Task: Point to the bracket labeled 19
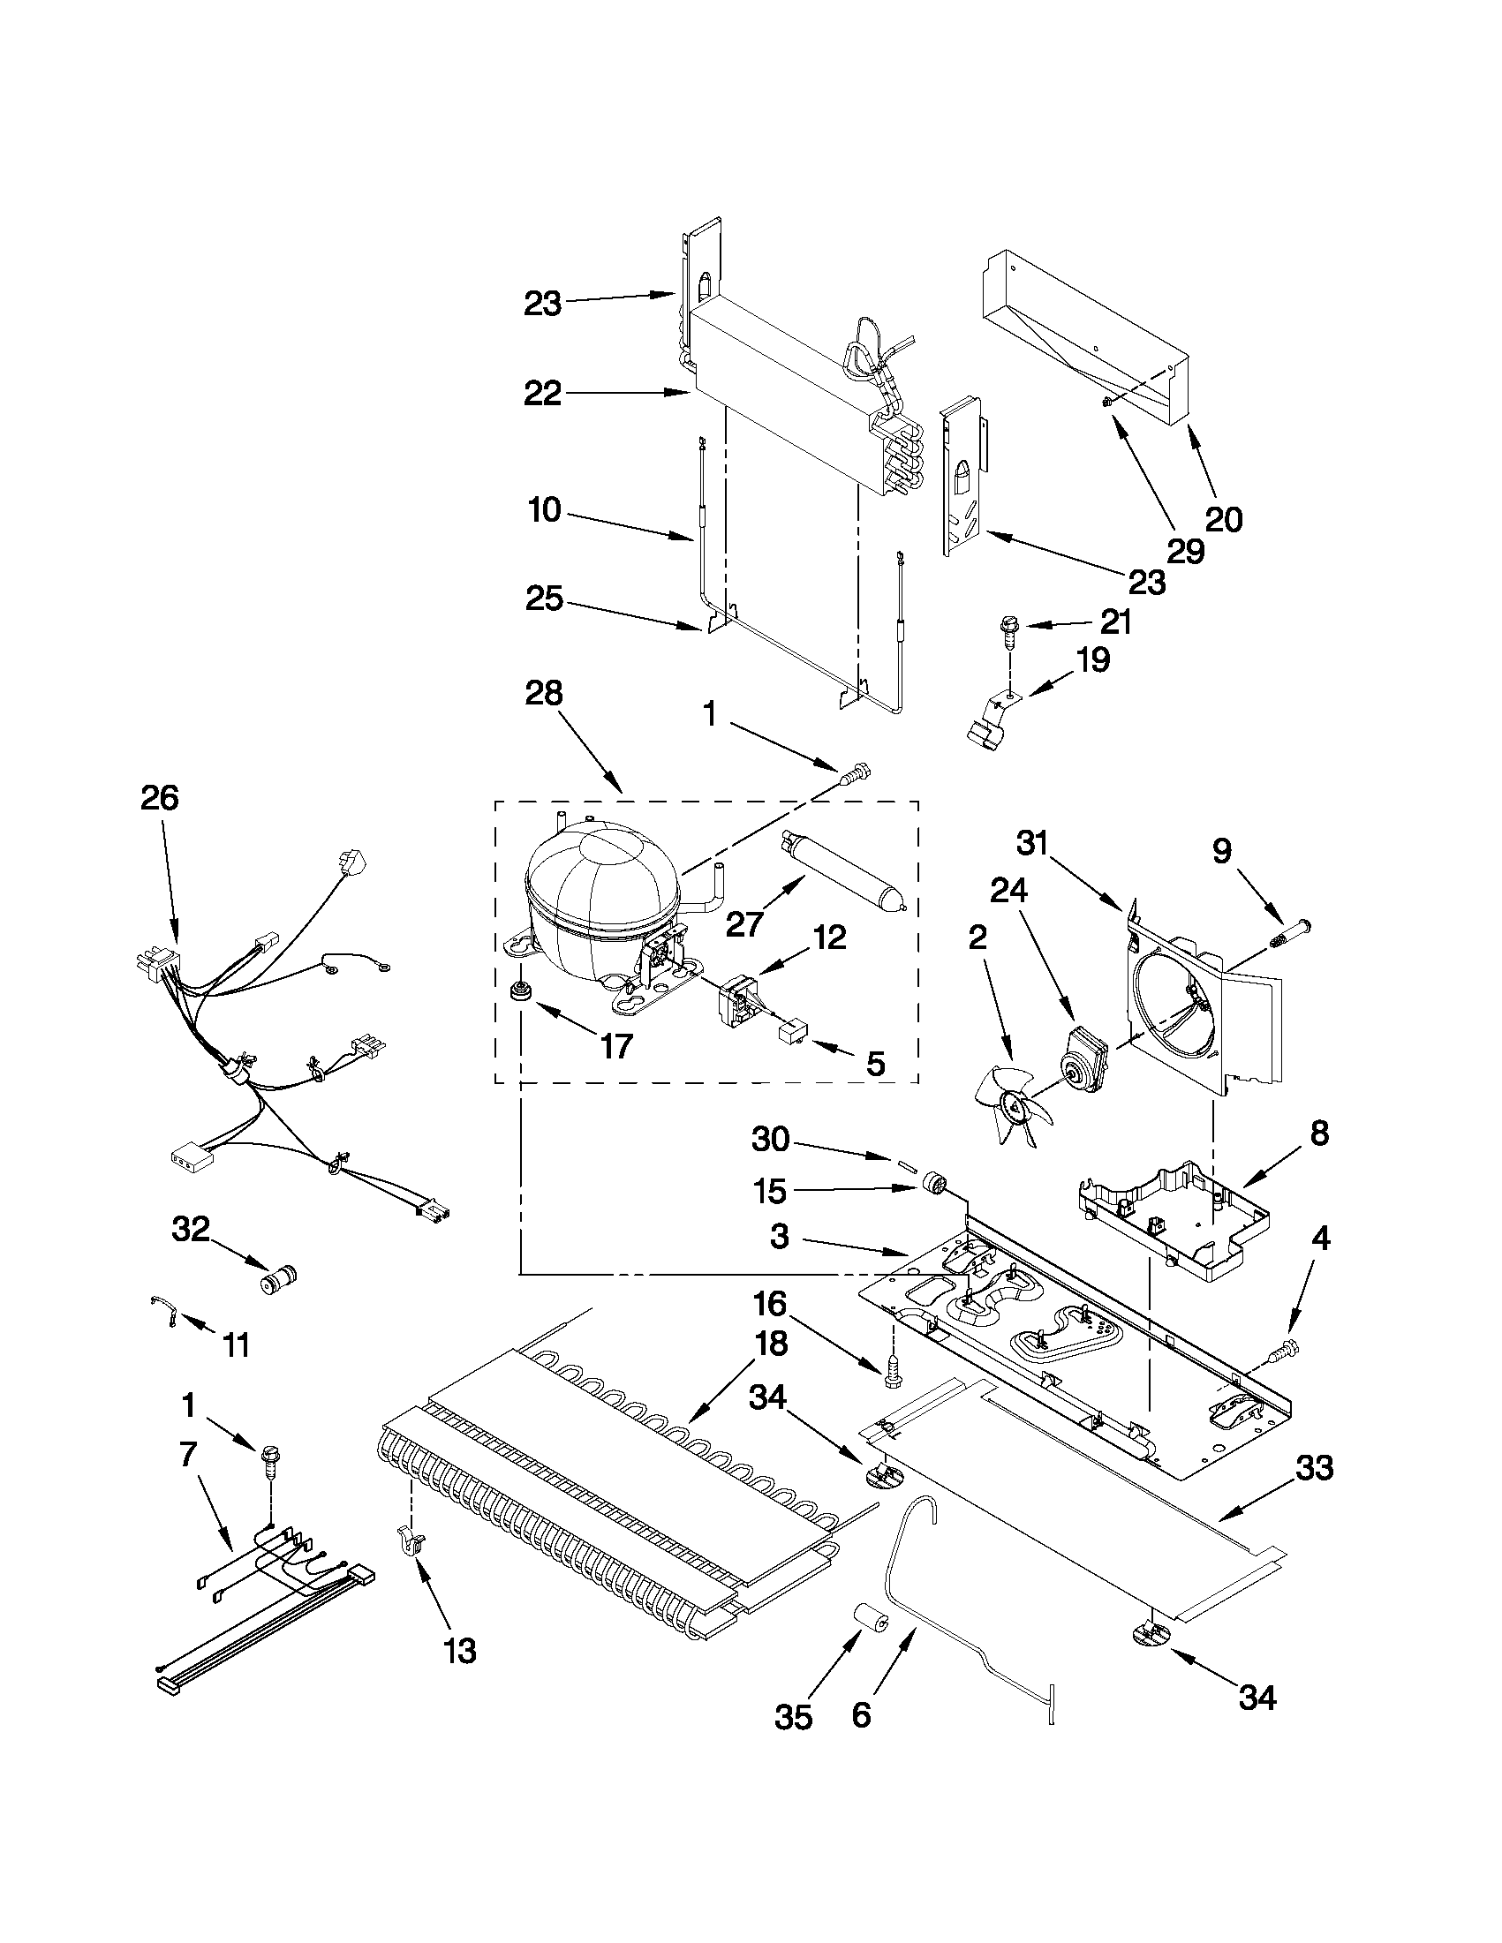(988, 719)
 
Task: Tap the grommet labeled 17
(517, 990)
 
